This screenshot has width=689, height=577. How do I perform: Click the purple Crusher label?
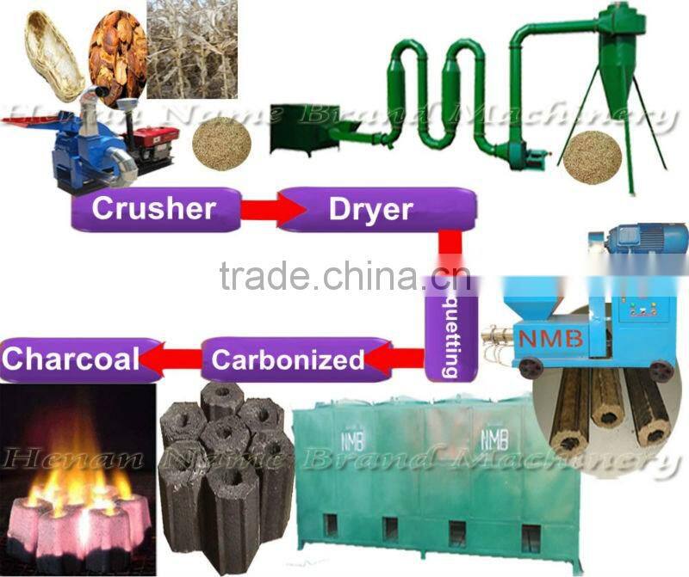coord(155,210)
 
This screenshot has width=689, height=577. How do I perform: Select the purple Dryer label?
coord(370,210)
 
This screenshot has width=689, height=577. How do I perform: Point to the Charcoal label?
coord(73,359)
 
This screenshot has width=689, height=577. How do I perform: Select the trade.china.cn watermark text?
coord(344,277)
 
